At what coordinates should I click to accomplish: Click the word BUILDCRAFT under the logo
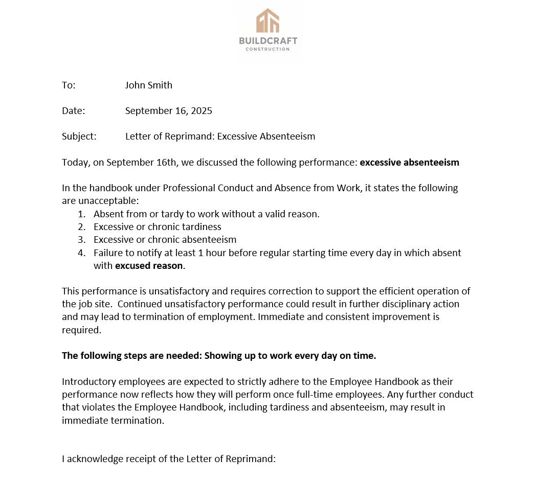(268, 41)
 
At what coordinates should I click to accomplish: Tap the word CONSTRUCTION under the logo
(268, 49)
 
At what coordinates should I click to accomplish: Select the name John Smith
(148, 85)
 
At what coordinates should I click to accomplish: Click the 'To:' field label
(69, 85)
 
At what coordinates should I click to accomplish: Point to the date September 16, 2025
(168, 111)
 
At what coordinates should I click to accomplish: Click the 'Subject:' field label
(79, 136)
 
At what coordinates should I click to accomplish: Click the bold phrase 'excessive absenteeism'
(409, 163)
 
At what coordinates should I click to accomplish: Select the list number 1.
(81, 214)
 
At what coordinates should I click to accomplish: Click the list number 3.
(81, 240)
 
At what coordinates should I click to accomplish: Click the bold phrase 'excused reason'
(149, 266)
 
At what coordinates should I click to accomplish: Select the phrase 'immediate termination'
(113, 421)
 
